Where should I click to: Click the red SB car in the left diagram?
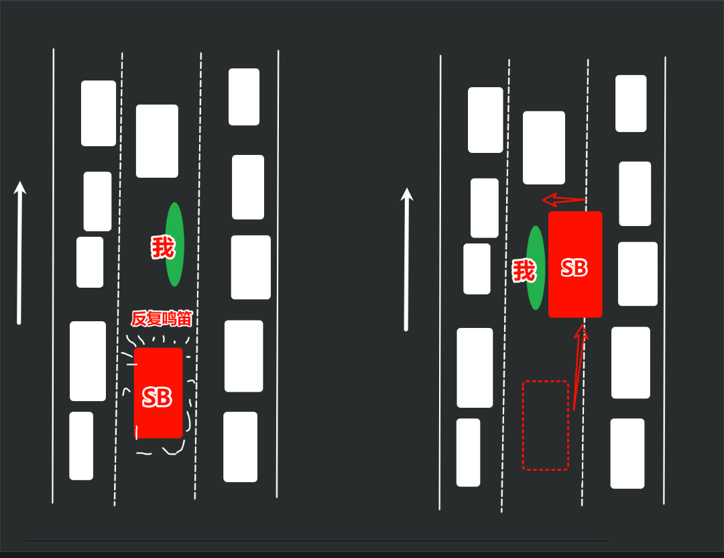click(x=158, y=392)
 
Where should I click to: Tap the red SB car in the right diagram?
click(x=575, y=264)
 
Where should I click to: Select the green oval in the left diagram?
click(x=174, y=244)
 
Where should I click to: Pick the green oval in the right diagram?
click(x=536, y=268)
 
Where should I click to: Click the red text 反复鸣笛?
click(x=161, y=319)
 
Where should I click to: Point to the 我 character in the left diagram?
click(x=163, y=247)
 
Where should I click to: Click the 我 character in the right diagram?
click(x=524, y=271)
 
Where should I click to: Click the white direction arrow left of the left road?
click(x=19, y=253)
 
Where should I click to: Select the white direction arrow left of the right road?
click(x=406, y=259)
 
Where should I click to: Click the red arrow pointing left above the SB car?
click(x=564, y=200)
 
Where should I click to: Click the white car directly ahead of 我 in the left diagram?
click(x=157, y=141)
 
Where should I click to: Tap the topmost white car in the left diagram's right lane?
click(x=244, y=97)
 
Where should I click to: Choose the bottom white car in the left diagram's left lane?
click(x=81, y=446)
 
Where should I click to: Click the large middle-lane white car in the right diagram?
click(x=544, y=148)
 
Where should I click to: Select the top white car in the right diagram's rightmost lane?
click(x=631, y=103)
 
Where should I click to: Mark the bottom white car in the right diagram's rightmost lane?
click(x=627, y=453)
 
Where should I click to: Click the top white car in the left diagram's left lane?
click(x=99, y=113)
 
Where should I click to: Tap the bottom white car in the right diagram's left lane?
click(x=468, y=452)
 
